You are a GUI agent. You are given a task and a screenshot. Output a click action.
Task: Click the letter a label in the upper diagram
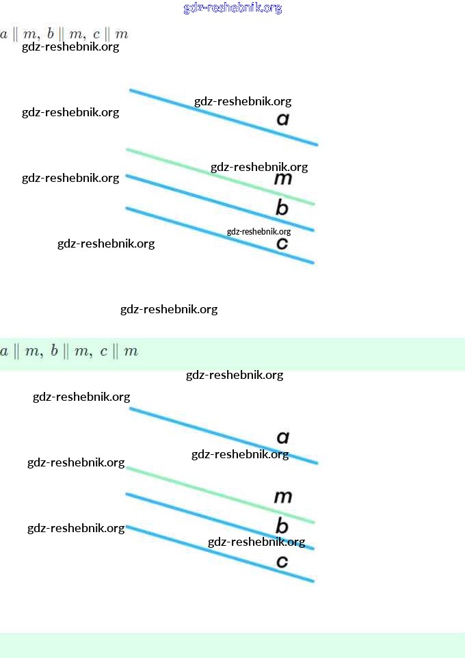pyautogui.click(x=283, y=120)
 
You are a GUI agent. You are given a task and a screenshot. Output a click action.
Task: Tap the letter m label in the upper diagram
pyautogui.click(x=283, y=179)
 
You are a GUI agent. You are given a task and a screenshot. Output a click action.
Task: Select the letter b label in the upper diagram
pyautogui.click(x=282, y=208)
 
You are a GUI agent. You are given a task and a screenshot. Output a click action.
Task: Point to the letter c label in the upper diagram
pyautogui.click(x=282, y=244)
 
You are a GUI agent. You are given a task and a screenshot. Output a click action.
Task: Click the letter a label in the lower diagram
pyautogui.click(x=283, y=438)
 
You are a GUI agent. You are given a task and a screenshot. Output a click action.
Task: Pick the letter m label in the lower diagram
pyautogui.click(x=283, y=497)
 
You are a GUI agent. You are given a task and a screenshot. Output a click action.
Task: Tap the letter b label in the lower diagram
pyautogui.click(x=282, y=526)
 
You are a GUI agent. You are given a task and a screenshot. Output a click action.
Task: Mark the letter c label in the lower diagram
pyautogui.click(x=282, y=562)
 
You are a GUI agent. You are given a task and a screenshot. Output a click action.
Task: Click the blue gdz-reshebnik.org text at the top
pyautogui.click(x=232, y=8)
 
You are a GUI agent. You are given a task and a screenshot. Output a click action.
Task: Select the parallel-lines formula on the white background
pyautogui.click(x=64, y=34)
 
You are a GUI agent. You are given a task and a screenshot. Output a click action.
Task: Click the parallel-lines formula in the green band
pyautogui.click(x=69, y=352)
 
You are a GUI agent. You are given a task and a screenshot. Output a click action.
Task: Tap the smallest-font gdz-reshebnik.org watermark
pyautogui.click(x=258, y=232)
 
